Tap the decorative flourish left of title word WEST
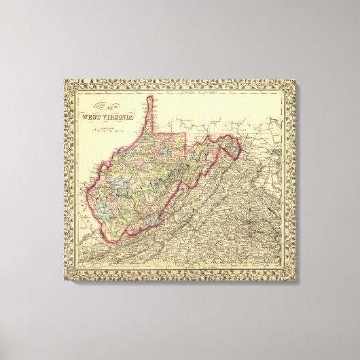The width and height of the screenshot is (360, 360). coord(79,115)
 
